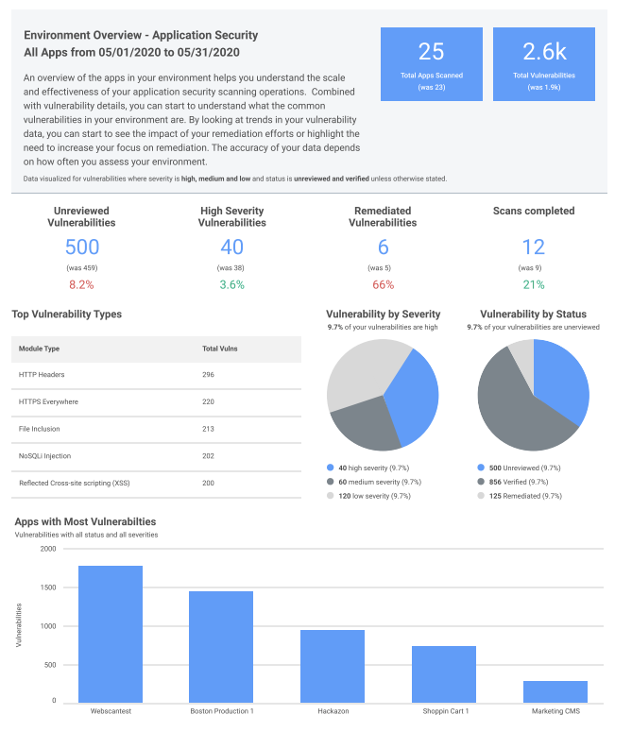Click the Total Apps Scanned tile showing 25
(431, 63)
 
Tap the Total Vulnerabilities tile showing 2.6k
(543, 63)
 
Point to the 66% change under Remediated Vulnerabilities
(383, 284)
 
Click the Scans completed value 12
(534, 247)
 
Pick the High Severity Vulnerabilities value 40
(232, 247)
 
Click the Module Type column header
(40, 349)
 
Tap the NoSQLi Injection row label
(44, 455)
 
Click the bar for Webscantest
(111, 633)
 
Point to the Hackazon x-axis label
(333, 710)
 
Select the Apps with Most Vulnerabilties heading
(85, 521)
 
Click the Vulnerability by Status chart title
(533, 314)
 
